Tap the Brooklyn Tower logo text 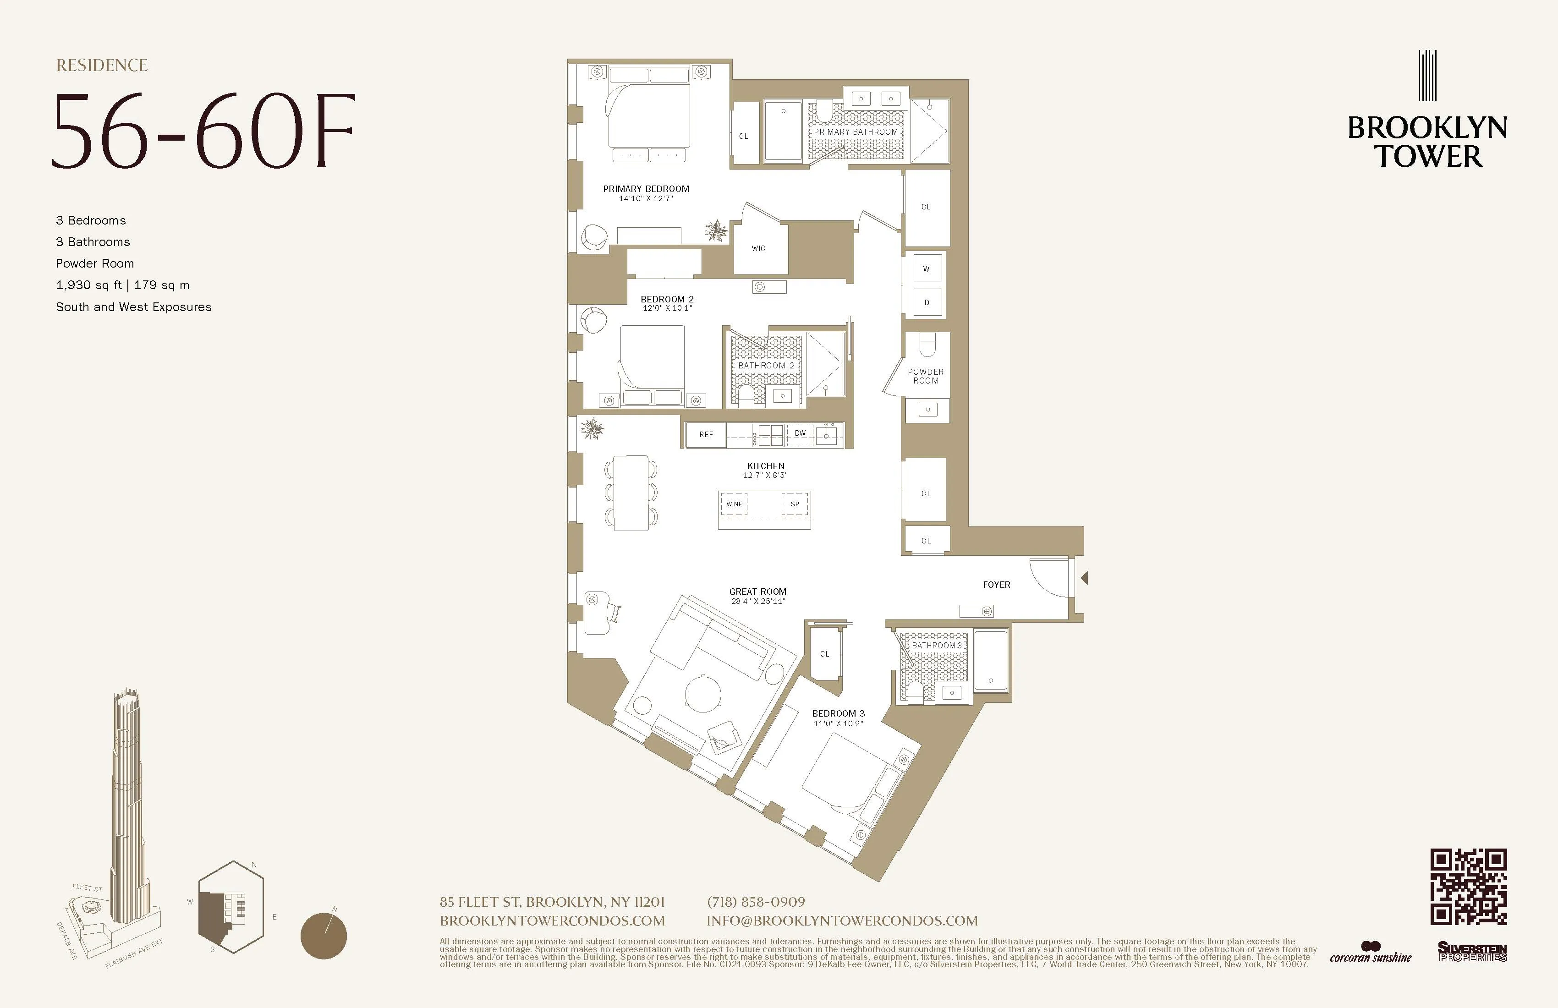(1427, 142)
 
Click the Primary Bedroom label (646, 188)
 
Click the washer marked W (926, 268)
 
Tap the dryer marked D (926, 302)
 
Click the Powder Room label (926, 376)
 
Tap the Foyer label (996, 585)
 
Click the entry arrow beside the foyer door (1084, 578)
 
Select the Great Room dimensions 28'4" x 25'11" (758, 601)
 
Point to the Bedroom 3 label (838, 713)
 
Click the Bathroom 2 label (766, 365)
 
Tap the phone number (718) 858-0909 (756, 902)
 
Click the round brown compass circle (324, 935)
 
